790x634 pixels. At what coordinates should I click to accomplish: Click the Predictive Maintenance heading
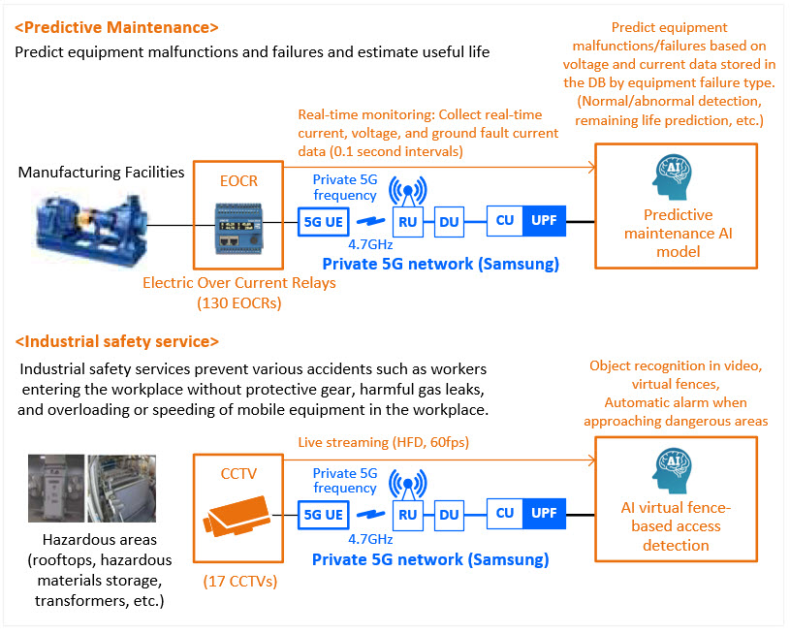pos(116,27)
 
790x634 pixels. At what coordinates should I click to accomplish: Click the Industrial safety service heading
pos(117,341)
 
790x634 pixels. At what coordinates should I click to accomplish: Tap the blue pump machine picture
pos(91,230)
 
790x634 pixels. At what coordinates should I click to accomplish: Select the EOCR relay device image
pos(238,227)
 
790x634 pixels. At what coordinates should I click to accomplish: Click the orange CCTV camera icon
pos(237,515)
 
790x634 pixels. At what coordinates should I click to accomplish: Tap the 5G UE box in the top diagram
pos(324,222)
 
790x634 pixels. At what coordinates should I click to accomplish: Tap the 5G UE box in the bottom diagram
pos(324,515)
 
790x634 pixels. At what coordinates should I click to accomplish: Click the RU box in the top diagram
pos(407,222)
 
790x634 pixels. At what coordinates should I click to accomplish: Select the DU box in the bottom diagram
pos(449,515)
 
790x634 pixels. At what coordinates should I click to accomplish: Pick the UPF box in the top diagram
pos(544,220)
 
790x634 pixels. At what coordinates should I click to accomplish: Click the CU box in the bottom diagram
pos(505,513)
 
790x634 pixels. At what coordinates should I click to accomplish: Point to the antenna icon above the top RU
pos(407,192)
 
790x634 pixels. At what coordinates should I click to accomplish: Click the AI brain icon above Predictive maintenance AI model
pos(672,176)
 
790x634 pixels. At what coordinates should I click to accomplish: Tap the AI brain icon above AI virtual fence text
pos(672,470)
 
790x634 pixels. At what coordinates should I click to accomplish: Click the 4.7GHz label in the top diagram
pos(370,244)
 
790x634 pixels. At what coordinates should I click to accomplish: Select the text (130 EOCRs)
pos(239,302)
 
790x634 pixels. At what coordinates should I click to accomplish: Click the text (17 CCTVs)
pos(240,581)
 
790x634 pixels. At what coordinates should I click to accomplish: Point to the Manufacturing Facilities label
pos(101,173)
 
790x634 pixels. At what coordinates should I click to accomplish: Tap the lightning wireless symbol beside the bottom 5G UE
pos(371,514)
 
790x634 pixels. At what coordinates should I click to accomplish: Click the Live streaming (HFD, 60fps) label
pos(384,442)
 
